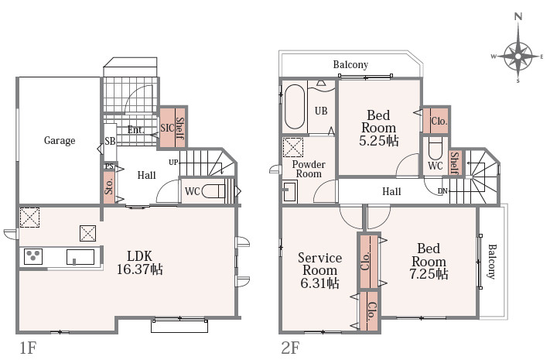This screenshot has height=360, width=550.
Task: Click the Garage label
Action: [60, 140]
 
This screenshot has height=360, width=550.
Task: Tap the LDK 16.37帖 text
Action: [139, 262]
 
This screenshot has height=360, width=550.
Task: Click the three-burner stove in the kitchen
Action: [33, 256]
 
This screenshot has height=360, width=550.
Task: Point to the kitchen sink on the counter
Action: [80, 257]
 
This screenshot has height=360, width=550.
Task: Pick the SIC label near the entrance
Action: [167, 128]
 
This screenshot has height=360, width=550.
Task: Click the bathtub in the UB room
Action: [295, 107]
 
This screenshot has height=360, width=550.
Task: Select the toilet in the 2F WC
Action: [436, 149]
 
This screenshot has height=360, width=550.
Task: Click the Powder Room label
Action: [309, 169]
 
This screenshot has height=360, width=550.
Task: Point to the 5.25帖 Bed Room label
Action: [378, 128]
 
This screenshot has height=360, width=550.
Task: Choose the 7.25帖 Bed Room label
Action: [429, 261]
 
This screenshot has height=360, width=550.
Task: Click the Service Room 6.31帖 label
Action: [319, 270]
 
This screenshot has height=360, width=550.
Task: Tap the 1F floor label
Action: [28, 348]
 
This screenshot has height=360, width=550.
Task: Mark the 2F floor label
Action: [290, 348]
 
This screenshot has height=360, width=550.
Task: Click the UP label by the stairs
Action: [173, 163]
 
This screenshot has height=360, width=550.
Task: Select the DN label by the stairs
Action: [442, 191]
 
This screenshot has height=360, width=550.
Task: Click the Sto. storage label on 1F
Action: [109, 186]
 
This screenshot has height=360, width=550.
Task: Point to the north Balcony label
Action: [350, 64]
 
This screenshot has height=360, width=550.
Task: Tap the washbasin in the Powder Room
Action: [290, 190]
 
